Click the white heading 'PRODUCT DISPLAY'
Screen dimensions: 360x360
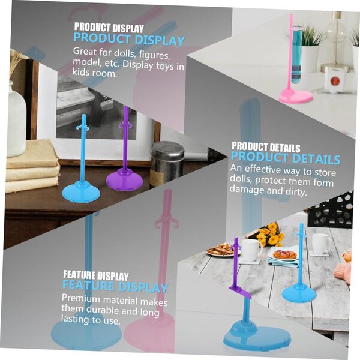click(109, 28)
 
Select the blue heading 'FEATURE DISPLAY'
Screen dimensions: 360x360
click(115, 286)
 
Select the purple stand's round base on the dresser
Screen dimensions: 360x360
click(124, 179)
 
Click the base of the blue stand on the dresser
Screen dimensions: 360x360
click(81, 192)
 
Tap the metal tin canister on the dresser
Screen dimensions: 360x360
click(167, 163)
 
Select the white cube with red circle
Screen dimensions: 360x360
click(335, 81)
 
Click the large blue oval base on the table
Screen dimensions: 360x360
click(257, 337)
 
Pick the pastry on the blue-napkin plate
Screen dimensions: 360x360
click(284, 254)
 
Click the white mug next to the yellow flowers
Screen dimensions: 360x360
click(251, 250)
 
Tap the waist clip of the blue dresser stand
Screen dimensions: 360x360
click(83, 127)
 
